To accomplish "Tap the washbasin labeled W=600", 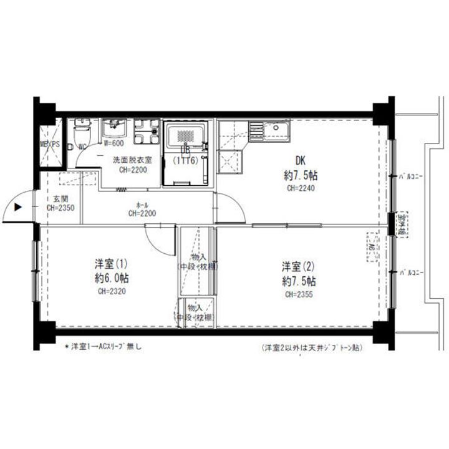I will point(114,129).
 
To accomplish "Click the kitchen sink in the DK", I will point(275,129).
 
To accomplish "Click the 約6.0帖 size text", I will point(112,278).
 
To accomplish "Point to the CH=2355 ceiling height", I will point(299,294).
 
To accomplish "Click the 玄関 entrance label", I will point(56,199).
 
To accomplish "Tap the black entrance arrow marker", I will point(18,208).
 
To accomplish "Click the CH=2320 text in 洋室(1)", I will point(112,291).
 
